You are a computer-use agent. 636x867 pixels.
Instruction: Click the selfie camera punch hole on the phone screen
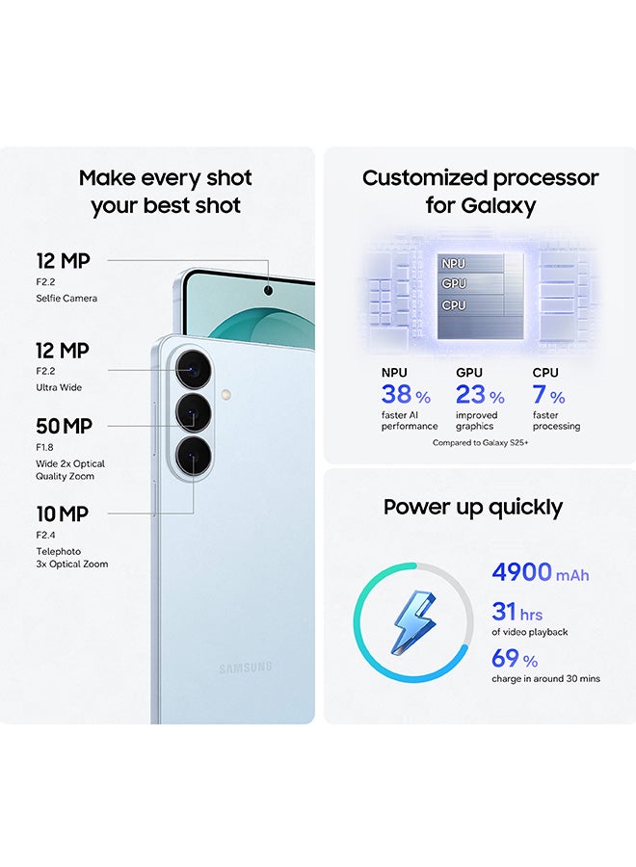tap(268, 290)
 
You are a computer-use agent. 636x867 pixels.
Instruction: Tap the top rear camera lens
tap(194, 369)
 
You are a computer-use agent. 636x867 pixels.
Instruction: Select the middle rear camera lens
tap(194, 413)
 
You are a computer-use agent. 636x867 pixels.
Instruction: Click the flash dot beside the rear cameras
tap(225, 395)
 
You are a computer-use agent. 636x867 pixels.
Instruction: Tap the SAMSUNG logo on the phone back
tap(246, 668)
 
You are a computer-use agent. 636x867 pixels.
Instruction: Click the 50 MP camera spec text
tap(65, 427)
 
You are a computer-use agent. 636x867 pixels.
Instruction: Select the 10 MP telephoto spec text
tap(63, 514)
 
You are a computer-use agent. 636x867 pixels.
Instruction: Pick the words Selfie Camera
tap(66, 299)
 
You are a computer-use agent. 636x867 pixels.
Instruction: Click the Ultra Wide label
tap(59, 387)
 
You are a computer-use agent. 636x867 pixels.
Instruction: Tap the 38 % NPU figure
tap(406, 395)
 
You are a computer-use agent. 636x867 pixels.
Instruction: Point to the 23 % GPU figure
tap(480, 395)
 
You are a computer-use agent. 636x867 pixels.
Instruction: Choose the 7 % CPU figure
tap(548, 395)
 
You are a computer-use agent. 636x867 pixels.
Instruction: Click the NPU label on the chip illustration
tap(454, 264)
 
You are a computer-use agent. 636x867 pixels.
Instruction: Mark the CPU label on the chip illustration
tap(454, 305)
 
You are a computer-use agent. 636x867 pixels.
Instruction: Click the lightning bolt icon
tap(413, 622)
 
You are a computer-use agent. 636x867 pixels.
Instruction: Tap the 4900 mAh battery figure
tap(541, 572)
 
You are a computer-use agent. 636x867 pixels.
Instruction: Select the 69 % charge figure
tap(515, 659)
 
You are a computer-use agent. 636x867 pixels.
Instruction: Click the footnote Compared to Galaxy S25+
tap(480, 443)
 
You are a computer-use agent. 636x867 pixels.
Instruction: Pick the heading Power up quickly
tap(473, 508)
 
